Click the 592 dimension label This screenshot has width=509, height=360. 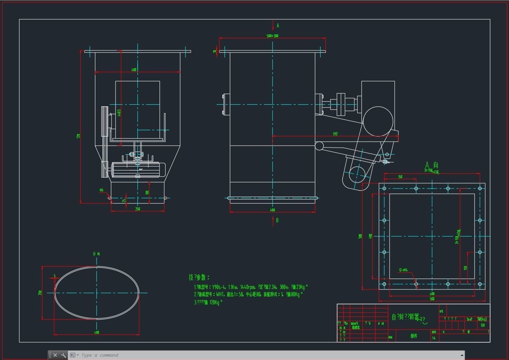[x=335, y=134]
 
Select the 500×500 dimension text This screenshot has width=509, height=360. [x=273, y=36]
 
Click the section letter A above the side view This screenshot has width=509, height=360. [x=278, y=26]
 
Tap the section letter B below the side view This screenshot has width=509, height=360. [x=277, y=220]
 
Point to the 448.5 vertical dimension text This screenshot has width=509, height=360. [x=119, y=113]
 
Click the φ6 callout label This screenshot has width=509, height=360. [x=101, y=190]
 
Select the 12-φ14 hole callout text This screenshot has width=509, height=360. [x=403, y=270]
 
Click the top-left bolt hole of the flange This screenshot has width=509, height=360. [x=384, y=189]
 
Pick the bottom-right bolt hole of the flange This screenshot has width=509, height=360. [x=480, y=284]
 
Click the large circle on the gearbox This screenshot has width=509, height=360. [x=378, y=121]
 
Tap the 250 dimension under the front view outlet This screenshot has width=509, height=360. [x=137, y=209]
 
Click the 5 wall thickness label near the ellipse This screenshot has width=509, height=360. [x=54, y=276]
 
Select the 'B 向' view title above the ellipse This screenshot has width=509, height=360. [x=96, y=254]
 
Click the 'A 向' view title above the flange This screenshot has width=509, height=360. [x=431, y=165]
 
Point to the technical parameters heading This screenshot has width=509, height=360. [x=199, y=277]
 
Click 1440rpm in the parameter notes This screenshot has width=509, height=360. [x=246, y=287]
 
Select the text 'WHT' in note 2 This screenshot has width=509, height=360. [x=220, y=295]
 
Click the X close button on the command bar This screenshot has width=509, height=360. [x=55, y=355]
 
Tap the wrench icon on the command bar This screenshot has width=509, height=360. [x=63, y=355]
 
